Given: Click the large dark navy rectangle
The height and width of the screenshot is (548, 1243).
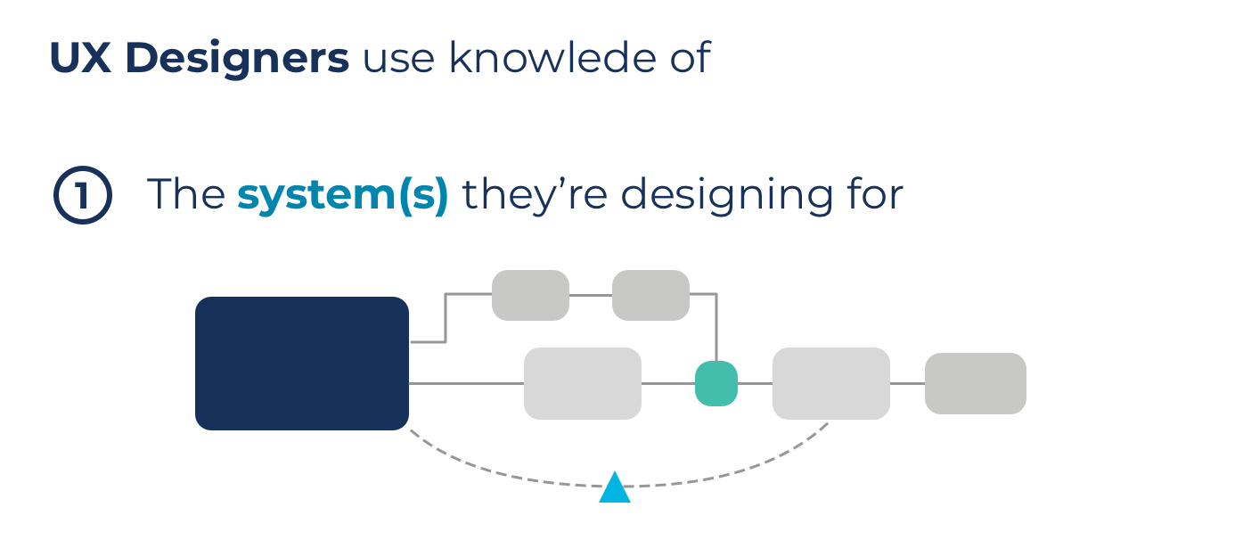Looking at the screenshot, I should point(301,363).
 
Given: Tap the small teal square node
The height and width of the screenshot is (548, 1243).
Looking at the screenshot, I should point(716,383).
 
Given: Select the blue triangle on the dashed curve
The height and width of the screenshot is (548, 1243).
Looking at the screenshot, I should point(615,489).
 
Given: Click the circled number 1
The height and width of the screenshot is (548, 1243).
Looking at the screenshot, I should point(82,196).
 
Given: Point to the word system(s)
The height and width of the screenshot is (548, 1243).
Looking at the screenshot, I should point(342,195).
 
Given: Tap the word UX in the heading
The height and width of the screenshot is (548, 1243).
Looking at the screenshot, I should point(78,58).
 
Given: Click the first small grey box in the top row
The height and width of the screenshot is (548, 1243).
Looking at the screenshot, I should point(530,295).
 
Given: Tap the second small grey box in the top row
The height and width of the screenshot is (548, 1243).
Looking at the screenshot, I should point(650,295).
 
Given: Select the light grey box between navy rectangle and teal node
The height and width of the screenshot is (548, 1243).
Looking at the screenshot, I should point(582,383).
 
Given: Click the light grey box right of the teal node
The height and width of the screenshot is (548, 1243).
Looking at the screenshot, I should point(830,383).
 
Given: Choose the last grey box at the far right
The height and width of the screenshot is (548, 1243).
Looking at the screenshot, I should point(975,383).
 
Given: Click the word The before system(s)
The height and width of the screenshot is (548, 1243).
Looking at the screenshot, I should point(185,195).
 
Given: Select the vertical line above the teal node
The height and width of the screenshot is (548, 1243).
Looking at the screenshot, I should point(716,330).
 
